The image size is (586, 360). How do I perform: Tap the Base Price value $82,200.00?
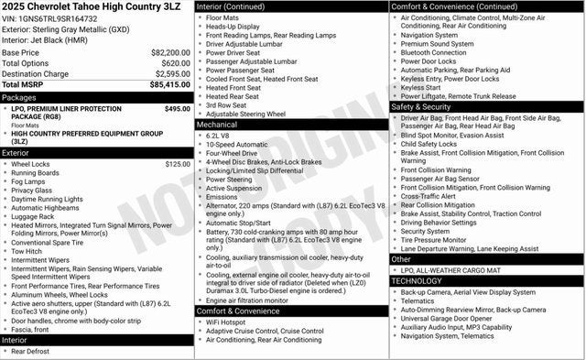click(170, 53)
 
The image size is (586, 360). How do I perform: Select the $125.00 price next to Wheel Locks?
click(177, 164)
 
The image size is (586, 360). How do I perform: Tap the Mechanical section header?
click(217, 125)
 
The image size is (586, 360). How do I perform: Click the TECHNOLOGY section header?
click(417, 281)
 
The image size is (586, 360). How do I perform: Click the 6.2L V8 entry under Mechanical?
click(218, 136)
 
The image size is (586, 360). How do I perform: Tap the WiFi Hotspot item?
click(226, 322)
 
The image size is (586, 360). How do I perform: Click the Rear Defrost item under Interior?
click(31, 351)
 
